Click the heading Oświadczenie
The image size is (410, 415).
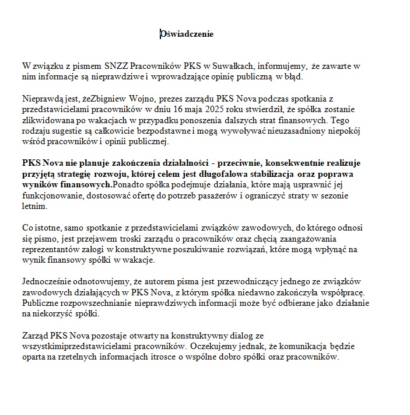187,34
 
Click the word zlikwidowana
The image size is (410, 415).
47,120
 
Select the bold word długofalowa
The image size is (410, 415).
237,174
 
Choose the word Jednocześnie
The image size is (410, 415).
48,282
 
